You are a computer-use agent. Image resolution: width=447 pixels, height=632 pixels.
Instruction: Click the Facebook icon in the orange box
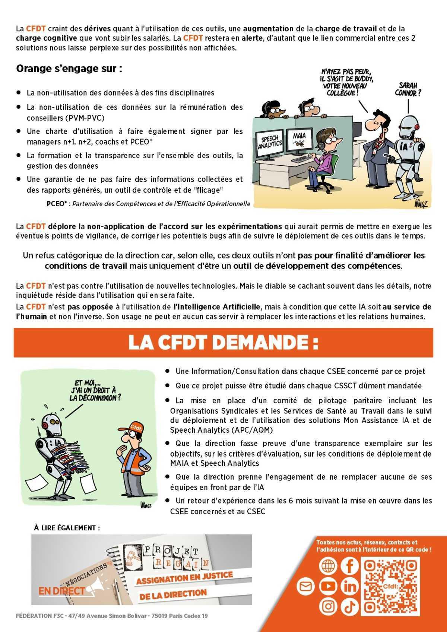click(349, 566)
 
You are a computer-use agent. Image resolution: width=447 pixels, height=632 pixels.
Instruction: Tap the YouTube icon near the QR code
click(328, 587)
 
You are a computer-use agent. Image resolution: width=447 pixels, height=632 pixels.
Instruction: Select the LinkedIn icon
click(349, 587)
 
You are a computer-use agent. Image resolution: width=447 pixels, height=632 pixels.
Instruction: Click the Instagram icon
click(328, 606)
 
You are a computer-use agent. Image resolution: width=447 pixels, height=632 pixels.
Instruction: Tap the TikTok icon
click(349, 606)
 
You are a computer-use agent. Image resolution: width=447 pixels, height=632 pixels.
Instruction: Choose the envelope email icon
click(305, 587)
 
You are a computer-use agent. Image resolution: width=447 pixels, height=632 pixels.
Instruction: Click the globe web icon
click(328, 566)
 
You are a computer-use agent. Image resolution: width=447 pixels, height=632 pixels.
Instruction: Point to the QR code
click(390, 586)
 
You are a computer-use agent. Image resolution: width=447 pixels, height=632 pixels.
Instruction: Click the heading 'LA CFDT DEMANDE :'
click(223, 343)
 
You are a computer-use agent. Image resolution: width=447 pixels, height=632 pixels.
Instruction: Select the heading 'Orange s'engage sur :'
click(69, 69)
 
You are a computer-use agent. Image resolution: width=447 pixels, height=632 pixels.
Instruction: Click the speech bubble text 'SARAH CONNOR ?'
click(408, 89)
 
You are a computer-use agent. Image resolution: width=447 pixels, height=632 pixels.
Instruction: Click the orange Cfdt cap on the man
click(134, 428)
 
